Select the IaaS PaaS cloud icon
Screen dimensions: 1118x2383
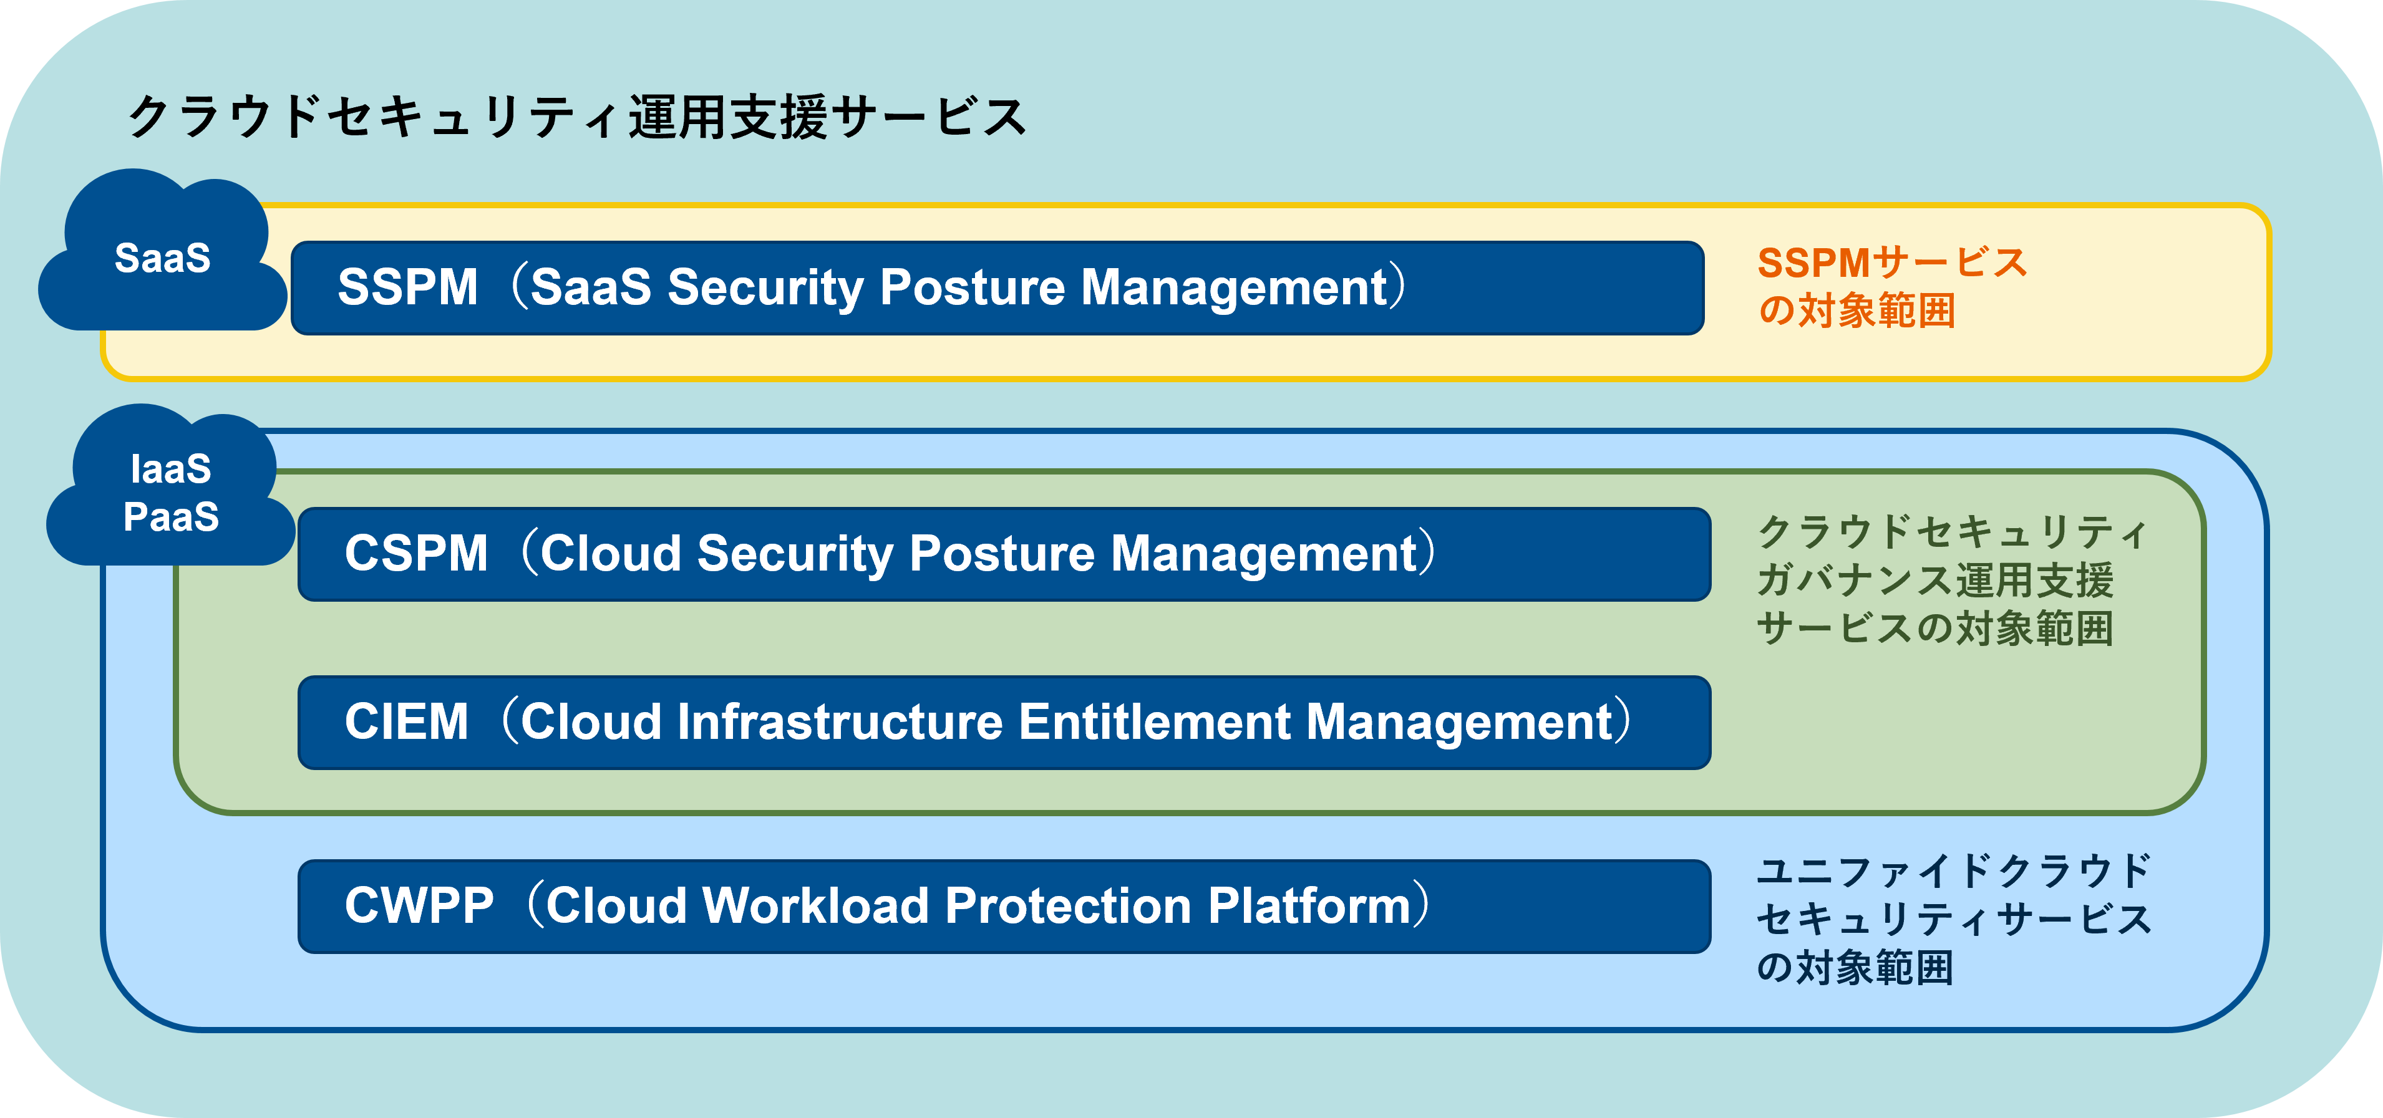click(171, 490)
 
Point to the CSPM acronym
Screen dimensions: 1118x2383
click(415, 554)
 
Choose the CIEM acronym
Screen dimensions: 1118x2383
click(406, 722)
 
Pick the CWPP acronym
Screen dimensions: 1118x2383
click(419, 906)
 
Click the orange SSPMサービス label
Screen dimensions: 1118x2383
click(1892, 264)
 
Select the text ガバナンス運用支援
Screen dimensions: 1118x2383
click(1935, 581)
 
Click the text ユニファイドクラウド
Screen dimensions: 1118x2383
click(1954, 871)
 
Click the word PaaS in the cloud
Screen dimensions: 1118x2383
click(171, 517)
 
